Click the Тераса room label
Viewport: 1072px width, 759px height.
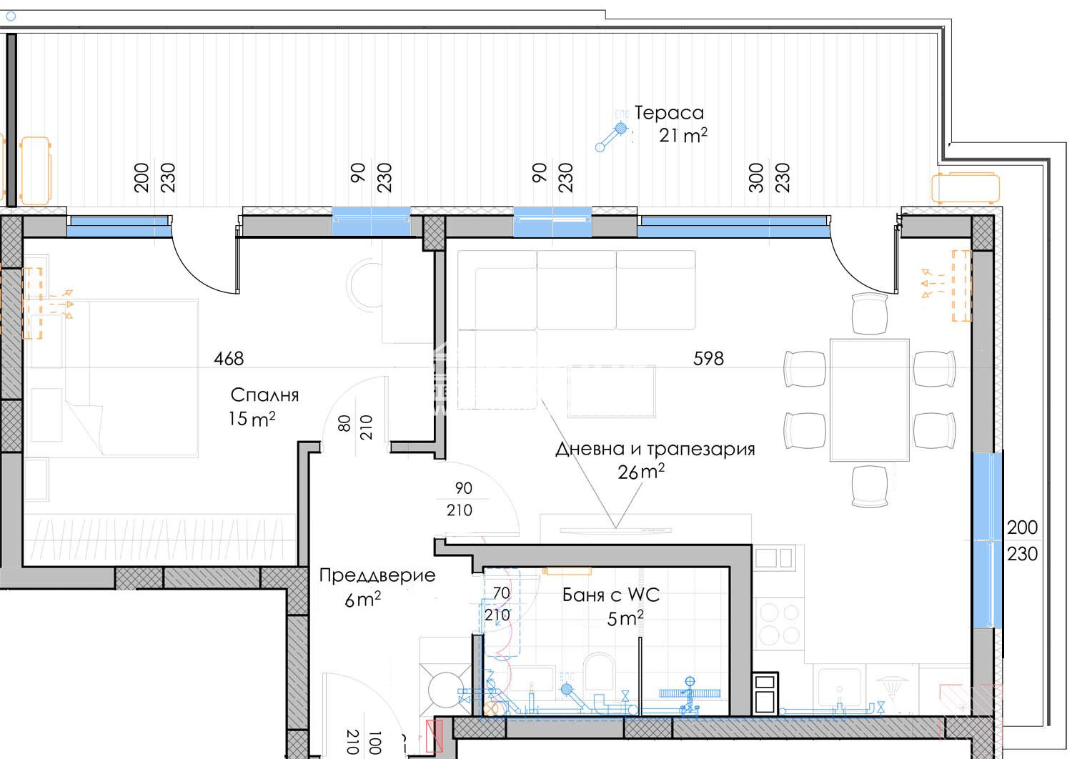pos(669,113)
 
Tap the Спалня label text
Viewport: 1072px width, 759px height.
pos(264,395)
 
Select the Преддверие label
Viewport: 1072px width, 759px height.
pos(377,576)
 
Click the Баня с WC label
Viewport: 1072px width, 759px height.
pos(611,595)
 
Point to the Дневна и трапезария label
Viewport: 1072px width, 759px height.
pos(655,450)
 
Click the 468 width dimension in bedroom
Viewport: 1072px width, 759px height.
pos(229,359)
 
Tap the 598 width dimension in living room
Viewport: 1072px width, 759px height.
pos(708,359)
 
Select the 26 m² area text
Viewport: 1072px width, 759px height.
pos(641,472)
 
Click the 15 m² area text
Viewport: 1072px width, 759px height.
pos(252,419)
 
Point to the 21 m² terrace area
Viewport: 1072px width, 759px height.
pos(683,135)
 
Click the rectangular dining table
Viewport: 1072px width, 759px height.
pos(870,400)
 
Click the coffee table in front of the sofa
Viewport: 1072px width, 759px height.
pos(612,392)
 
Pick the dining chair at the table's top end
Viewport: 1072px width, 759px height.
pos(870,314)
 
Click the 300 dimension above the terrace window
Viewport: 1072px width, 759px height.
pos(756,177)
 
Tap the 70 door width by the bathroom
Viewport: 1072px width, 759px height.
pos(501,593)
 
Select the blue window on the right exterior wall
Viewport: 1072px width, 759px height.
pos(987,540)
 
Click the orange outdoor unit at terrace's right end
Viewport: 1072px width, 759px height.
pos(966,188)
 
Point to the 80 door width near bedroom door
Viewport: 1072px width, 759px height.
pos(344,423)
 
